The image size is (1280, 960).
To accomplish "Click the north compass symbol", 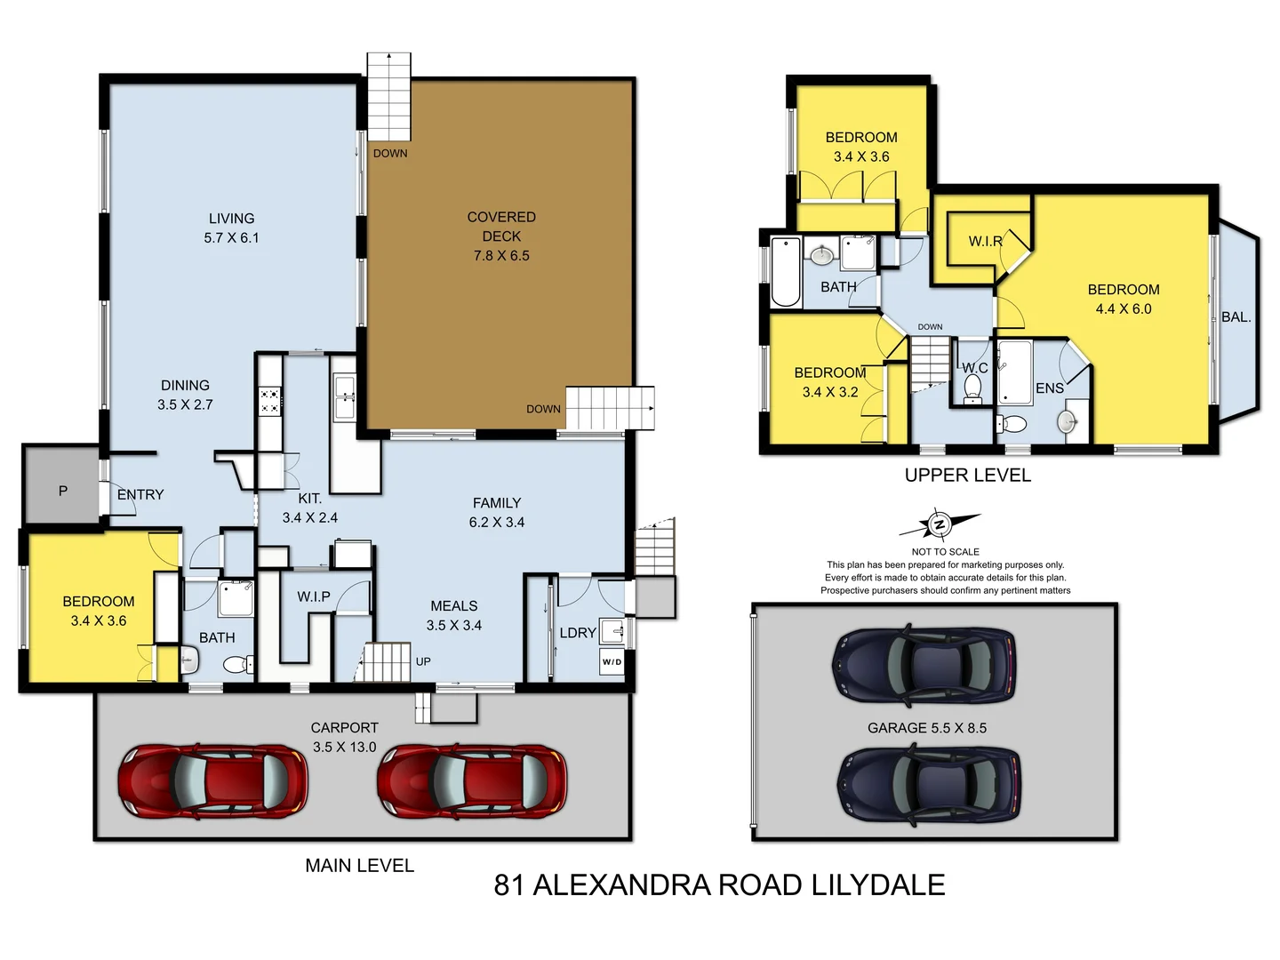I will tap(939, 525).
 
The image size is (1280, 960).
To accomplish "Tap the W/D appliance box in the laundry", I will tap(612, 661).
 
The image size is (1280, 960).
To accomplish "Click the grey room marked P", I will tap(62, 491).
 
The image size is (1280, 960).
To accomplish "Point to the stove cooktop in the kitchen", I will tap(270, 401).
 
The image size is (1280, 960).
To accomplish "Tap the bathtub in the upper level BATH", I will tap(785, 270).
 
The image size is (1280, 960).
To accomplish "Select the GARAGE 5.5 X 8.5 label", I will tap(926, 728).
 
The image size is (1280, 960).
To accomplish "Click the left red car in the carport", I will tap(213, 780).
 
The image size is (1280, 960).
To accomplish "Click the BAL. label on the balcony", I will tap(1236, 317).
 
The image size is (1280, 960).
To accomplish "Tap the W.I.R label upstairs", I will tap(985, 241).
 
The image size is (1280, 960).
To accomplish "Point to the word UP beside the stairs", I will tap(423, 661).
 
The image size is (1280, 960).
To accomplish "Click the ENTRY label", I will tap(140, 495).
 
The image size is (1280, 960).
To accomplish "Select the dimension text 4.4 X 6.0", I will tap(1123, 309).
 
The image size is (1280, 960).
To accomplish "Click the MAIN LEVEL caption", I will tap(359, 866).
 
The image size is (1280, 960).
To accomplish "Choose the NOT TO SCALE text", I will tap(945, 552).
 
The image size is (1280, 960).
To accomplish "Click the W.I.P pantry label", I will tap(313, 596).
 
